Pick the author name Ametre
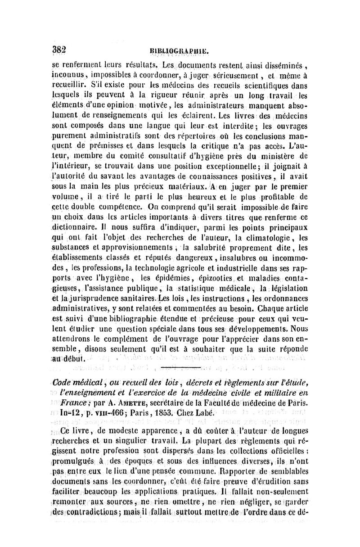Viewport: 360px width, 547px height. pyautogui.click(x=113, y=399)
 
